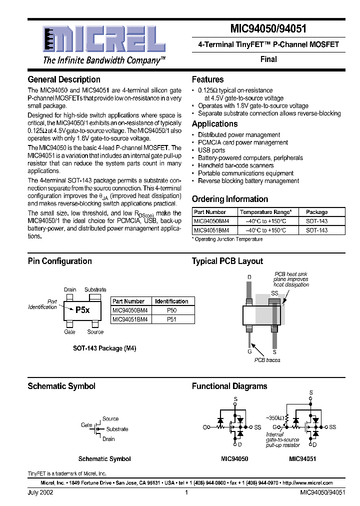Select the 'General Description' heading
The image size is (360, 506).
pos(64,79)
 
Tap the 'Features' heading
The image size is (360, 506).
pos(207,79)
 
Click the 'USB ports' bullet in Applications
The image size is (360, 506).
pos(211,150)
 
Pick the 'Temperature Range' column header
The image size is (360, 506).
pos(264,212)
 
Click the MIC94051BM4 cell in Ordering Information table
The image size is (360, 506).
pos(211,230)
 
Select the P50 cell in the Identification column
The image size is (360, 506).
pos(171,310)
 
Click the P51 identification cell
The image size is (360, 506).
pos(171,319)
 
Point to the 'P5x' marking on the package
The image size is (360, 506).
pos(82,310)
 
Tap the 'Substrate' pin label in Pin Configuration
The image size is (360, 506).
pos(95,289)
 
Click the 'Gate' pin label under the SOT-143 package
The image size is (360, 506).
pos(69,331)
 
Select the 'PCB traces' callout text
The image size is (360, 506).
pos(267,360)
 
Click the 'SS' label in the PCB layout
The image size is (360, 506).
pos(274,292)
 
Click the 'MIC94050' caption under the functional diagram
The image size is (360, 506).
pos(234,458)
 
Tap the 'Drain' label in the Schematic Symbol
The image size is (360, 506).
pos(108,439)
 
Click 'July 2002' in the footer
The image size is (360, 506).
pos(40,492)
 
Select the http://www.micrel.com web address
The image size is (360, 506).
pos(307,483)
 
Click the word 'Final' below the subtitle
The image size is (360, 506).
pos(268,59)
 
